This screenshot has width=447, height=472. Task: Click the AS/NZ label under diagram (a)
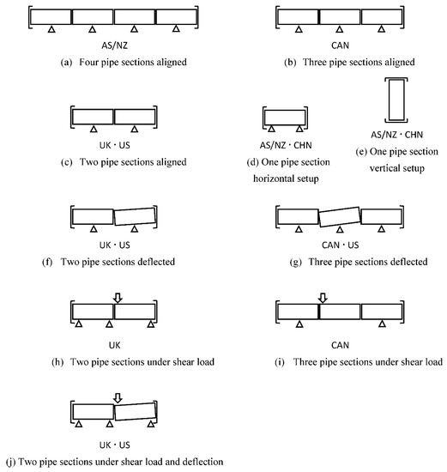click(114, 45)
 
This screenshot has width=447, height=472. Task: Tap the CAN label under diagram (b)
click(340, 45)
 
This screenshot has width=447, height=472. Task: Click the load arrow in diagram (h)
click(118, 298)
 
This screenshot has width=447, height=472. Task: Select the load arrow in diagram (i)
click(323, 298)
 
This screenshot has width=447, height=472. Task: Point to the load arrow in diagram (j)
click(118, 398)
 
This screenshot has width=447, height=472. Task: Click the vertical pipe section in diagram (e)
click(396, 100)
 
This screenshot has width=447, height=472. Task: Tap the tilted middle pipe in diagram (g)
click(340, 216)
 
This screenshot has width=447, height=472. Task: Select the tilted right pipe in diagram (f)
click(136, 216)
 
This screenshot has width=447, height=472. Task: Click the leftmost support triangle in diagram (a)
click(51, 29)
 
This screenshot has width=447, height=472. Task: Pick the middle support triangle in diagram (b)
click(340, 29)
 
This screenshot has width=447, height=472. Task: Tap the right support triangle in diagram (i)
click(382, 324)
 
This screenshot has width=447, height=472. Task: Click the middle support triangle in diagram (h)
click(109, 324)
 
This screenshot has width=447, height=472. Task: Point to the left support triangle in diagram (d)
click(271, 129)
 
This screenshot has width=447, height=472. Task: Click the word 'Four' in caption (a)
click(88, 62)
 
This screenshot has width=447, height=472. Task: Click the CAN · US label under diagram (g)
click(340, 245)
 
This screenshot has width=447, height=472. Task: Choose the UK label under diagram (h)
click(114, 345)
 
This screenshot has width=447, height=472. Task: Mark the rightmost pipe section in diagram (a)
click(177, 17)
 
